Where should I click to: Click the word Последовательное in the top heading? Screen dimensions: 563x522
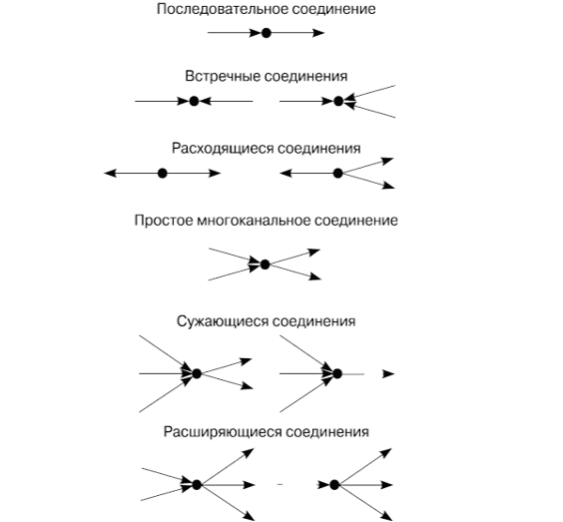click(x=223, y=9)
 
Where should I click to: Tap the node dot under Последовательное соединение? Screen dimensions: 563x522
click(x=266, y=33)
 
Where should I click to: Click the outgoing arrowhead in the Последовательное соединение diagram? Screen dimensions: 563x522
click(x=317, y=33)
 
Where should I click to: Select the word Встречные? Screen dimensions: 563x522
click(x=222, y=76)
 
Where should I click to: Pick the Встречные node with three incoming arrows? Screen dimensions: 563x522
click(x=338, y=101)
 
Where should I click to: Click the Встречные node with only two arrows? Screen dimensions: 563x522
click(x=194, y=101)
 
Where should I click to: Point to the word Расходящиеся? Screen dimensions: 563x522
click(x=223, y=149)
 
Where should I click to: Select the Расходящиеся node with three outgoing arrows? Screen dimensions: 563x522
click(x=337, y=174)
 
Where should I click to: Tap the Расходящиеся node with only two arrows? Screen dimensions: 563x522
click(x=163, y=174)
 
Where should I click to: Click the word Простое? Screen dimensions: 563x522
click(x=164, y=220)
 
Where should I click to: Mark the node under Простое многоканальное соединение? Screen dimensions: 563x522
click(x=265, y=264)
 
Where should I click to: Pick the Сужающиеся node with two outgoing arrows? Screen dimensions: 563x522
click(x=197, y=373)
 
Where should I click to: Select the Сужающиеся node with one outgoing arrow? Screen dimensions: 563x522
click(x=336, y=373)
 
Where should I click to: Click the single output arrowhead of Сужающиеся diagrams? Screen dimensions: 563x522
click(x=388, y=373)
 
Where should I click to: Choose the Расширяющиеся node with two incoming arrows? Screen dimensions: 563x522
click(x=197, y=485)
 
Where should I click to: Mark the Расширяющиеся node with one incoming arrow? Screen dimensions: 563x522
click(x=334, y=485)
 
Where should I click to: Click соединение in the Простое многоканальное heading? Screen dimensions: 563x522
click(x=356, y=220)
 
